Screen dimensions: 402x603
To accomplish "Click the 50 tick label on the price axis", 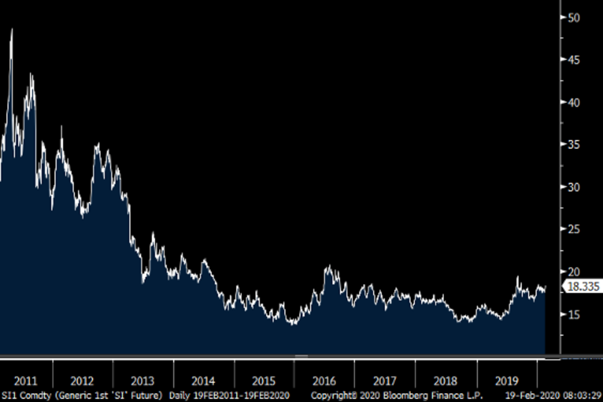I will point(573,18).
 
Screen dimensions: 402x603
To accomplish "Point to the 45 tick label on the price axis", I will point(573,60).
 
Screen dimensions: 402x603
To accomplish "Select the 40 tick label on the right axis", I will point(573,103).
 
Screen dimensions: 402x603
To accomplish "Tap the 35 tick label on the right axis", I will point(573,145).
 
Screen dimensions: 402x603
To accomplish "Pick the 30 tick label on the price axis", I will point(573,187).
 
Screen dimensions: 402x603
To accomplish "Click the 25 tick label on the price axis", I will point(573,230).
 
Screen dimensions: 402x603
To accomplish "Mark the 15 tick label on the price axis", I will point(573,315).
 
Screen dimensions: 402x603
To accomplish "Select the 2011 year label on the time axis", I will point(26,380).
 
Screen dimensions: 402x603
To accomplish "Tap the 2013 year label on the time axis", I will point(143,380).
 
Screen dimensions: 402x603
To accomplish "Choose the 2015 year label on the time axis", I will point(264,380).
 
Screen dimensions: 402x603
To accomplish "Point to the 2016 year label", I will point(324,380).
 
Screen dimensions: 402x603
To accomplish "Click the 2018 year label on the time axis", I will point(445,380).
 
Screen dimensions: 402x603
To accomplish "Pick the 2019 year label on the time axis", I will point(506,380).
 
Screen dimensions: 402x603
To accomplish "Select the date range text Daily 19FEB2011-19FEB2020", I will point(229,395).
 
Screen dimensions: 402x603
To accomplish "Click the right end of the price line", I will point(545,287).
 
